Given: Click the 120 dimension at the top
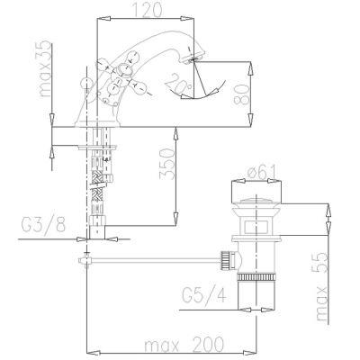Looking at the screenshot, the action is point(147,10).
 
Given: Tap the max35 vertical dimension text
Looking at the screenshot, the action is point(46,68).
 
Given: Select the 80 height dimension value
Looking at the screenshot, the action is point(241,94).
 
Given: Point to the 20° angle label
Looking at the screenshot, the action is point(178,83).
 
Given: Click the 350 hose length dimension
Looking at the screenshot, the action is point(166,164).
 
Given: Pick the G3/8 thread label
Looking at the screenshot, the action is point(43,224).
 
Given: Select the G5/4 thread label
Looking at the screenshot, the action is point(204,295).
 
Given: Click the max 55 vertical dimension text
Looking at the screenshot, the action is point(322,286).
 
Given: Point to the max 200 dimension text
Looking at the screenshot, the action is point(184,344).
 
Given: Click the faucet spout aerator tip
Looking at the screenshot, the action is point(193,59).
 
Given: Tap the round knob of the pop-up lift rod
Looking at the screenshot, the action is point(86,82).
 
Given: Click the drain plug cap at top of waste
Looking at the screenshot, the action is point(256,201).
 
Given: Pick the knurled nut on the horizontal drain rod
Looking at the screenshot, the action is point(225,260).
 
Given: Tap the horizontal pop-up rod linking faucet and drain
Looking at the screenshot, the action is point(154,260).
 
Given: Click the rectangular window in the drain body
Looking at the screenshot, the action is point(256,227).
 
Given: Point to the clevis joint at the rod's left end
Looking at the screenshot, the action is point(85,260).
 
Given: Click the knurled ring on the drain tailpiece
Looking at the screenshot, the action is point(256,276).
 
